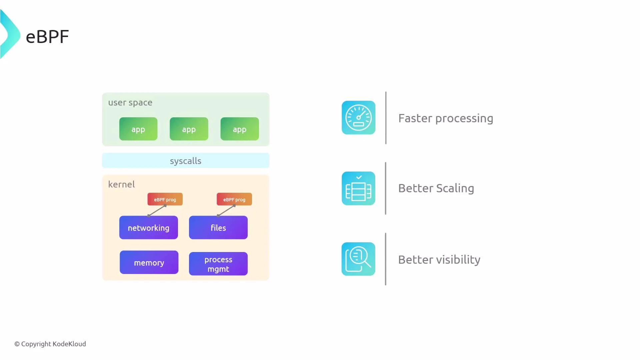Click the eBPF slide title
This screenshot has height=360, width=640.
point(47,37)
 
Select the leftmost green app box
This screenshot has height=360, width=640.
point(138,129)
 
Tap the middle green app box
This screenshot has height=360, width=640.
point(189,129)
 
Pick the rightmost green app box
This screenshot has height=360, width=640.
point(240,129)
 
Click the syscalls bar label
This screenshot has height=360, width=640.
point(186,161)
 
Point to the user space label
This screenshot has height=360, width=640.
point(130,103)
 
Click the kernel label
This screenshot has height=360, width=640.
point(121,184)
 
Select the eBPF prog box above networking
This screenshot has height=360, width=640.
point(165,199)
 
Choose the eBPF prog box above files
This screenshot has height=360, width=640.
point(234,199)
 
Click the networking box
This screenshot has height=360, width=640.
point(149,228)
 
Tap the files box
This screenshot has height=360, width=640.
point(218,228)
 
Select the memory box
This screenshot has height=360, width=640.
point(149,263)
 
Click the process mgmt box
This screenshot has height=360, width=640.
point(218,264)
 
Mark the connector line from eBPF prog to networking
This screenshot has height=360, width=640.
point(157,211)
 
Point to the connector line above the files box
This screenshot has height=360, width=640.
point(226,211)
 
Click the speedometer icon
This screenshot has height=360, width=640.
point(358,118)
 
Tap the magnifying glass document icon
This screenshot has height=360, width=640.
point(358,259)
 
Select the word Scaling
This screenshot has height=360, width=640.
point(455,189)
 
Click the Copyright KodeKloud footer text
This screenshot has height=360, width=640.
point(50,344)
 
